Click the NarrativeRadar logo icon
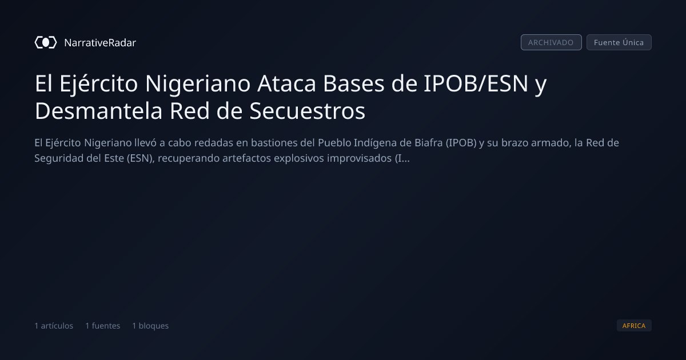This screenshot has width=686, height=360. point(46,42)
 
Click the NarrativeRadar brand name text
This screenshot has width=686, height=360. point(100,42)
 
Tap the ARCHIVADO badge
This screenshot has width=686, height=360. point(551,42)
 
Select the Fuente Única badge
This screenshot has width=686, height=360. point(619,42)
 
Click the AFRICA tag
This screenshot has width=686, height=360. point(634,325)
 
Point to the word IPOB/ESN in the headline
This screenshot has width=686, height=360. point(476,83)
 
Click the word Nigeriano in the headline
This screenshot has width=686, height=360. point(198,84)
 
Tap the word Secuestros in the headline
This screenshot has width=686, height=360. point(307,111)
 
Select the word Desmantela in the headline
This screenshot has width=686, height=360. point(98,111)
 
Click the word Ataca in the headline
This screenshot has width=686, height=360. point(286,83)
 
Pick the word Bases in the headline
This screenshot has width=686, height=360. point(354,83)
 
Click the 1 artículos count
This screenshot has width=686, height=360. point(54,326)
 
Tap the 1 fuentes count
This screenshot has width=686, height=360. point(102,326)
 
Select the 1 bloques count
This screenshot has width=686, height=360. point(150,326)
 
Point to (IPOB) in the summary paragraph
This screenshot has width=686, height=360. point(461,143)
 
